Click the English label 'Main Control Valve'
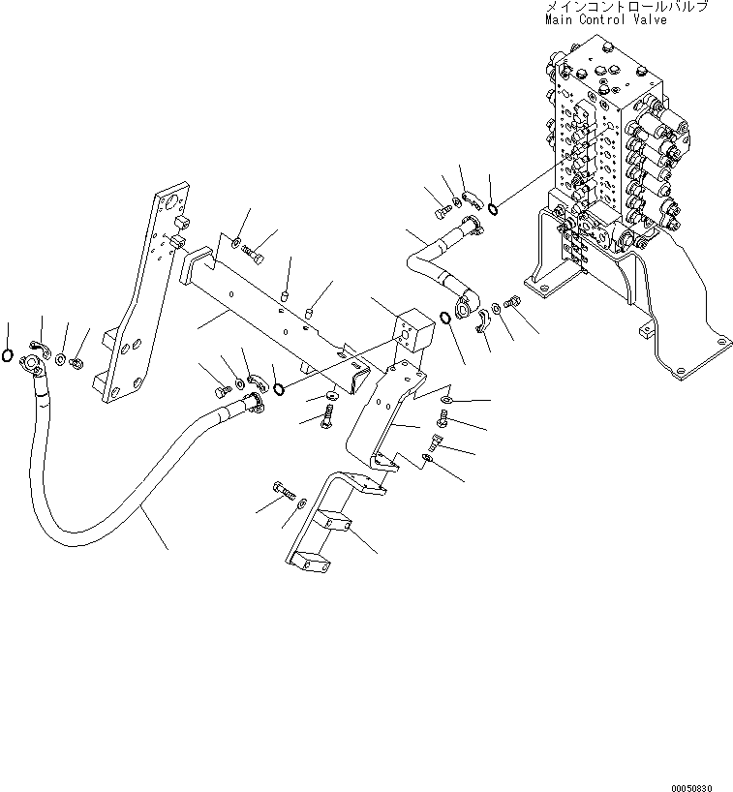605,19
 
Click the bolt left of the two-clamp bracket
285,492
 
